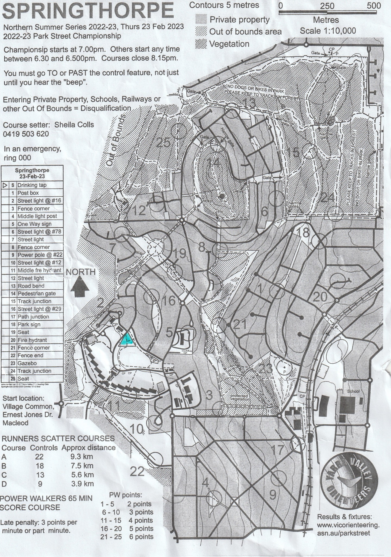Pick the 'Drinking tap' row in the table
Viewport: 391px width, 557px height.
(x=32, y=185)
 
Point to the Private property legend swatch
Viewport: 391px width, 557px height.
(x=201, y=20)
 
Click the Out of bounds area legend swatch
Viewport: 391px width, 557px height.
(x=201, y=32)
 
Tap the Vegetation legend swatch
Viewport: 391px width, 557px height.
(x=201, y=44)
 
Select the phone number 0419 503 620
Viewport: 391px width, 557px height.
(x=26, y=134)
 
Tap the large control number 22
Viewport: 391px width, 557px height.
(x=137, y=472)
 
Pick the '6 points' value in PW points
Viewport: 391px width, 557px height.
(x=140, y=537)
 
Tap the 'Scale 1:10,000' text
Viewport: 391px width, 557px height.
(x=328, y=31)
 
